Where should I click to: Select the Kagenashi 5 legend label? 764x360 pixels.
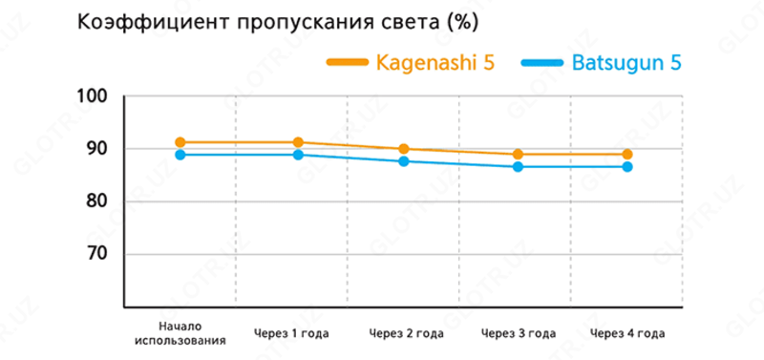coord(435,64)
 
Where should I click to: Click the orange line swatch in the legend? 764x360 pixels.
coord(347,63)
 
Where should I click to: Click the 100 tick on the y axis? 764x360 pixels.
coord(99,96)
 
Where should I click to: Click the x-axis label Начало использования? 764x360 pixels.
coord(180,332)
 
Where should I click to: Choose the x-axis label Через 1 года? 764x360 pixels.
coord(291,333)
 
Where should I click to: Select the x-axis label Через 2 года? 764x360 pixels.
coord(405,333)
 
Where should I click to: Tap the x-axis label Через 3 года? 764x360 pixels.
coord(518,333)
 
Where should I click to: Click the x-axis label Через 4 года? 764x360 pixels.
coord(627,333)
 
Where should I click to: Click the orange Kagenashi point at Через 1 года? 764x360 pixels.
coord(298,142)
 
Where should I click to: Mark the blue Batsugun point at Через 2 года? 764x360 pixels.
coord(404,161)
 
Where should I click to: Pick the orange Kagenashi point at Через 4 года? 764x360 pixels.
coord(627,154)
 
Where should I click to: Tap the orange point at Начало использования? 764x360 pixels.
coord(180,142)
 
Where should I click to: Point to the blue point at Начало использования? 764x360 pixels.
coord(180,155)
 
